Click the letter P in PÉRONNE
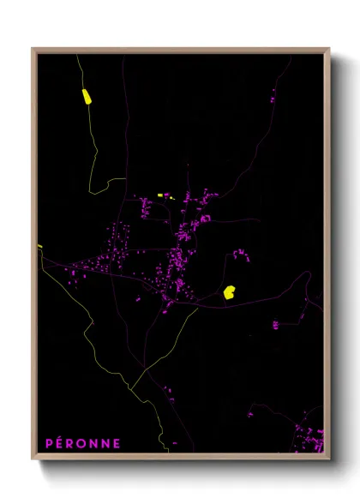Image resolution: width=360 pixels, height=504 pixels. (x=48, y=444)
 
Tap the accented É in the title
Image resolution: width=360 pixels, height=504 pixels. (x=60, y=443)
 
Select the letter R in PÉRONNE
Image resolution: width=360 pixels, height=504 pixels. (x=72, y=444)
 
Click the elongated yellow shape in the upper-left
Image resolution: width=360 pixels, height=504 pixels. (x=86, y=96)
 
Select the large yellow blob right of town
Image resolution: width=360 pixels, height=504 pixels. (x=230, y=292)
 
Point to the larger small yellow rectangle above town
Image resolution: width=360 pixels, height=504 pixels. (x=160, y=195)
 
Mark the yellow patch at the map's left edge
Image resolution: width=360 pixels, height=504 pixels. (x=39, y=247)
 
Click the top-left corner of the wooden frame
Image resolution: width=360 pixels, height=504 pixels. (x=33, y=49)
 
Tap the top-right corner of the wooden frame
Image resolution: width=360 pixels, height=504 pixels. (x=329, y=49)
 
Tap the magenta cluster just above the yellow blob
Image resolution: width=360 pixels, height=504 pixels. (x=240, y=254)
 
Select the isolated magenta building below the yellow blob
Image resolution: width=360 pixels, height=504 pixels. (x=276, y=325)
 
